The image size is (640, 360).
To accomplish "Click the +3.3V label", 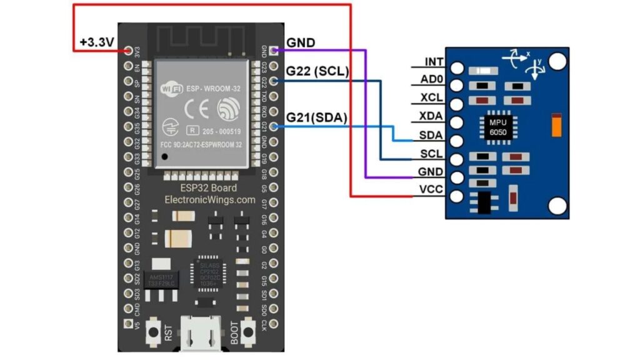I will [97, 43].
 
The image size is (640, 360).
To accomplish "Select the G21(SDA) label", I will [316, 117].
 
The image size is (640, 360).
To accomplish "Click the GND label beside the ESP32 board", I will [301, 42].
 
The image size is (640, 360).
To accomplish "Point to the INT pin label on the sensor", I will [434, 62].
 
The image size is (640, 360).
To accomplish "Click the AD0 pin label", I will [433, 80].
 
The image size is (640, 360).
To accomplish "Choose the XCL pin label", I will [433, 98].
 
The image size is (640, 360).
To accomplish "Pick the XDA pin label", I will [433, 117].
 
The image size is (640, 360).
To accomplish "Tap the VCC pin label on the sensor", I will [432, 189].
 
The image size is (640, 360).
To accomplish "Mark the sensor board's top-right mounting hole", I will [557, 61].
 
